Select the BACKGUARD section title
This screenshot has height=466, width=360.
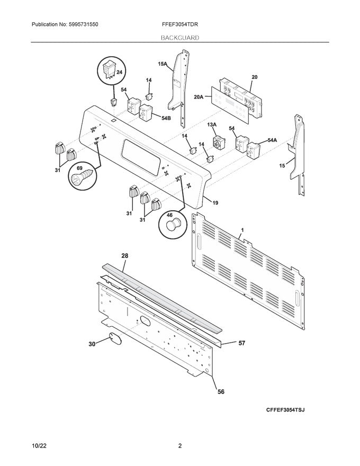coord(180,38)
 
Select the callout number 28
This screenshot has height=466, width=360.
coord(125,256)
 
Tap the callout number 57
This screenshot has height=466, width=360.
coord(241,343)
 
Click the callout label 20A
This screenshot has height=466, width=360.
coord(199,97)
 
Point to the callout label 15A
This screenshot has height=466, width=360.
coord(163,64)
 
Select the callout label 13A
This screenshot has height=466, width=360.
coord(212,124)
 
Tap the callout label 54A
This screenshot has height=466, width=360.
coord(272,140)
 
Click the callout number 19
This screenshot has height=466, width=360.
coord(215,203)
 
